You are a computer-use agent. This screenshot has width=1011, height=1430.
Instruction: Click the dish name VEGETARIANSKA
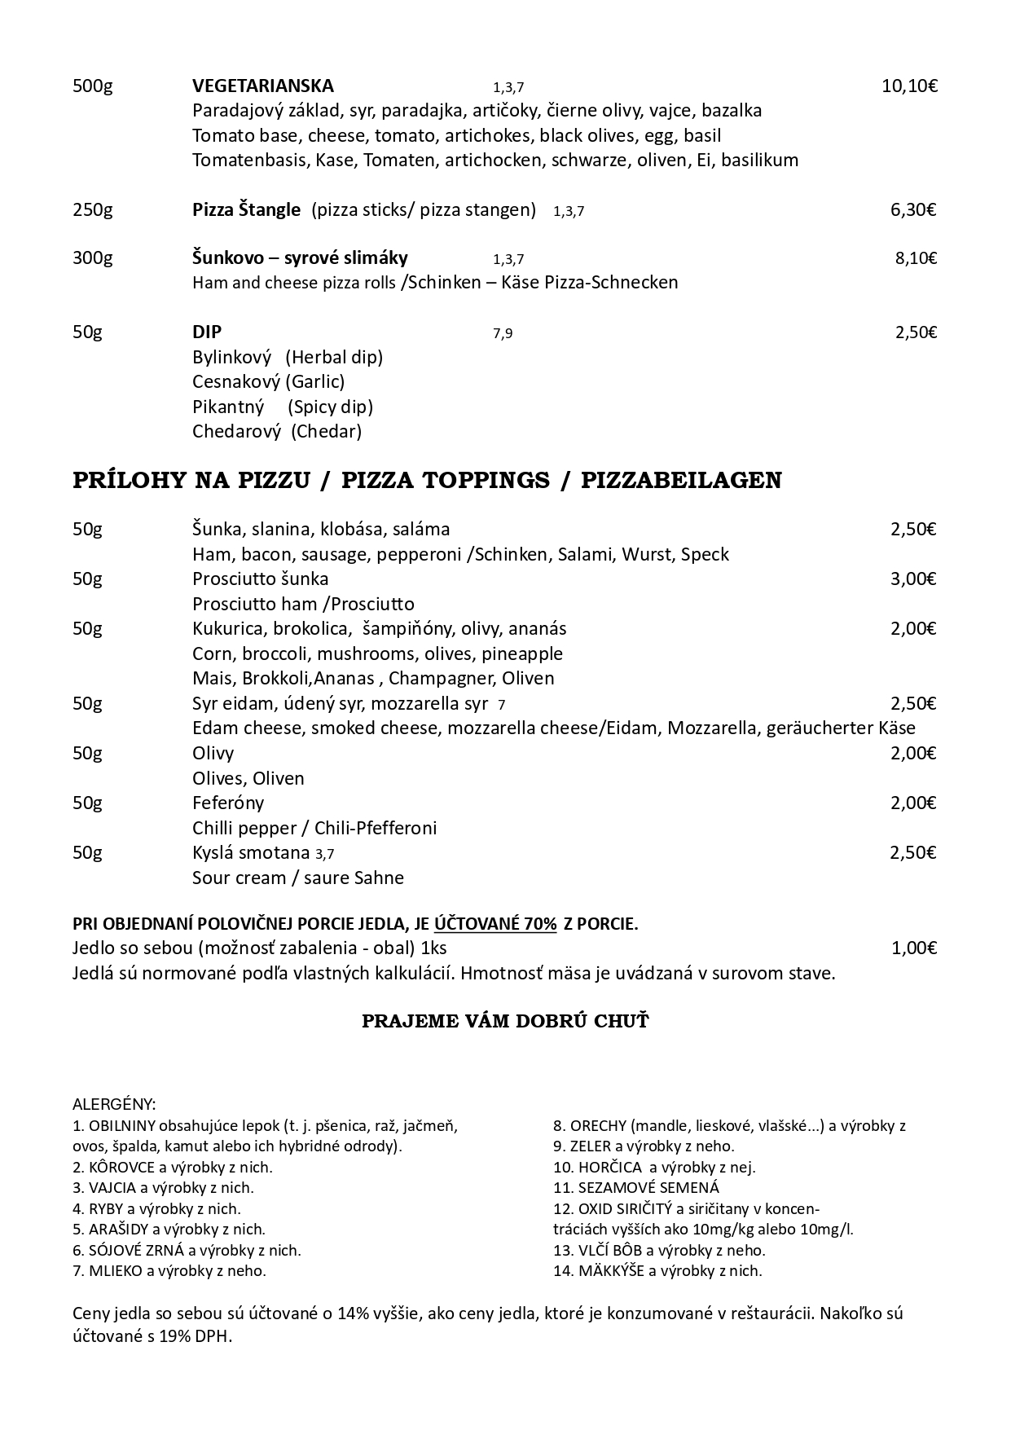[262, 86]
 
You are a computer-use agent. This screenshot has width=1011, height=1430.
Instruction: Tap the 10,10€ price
[909, 86]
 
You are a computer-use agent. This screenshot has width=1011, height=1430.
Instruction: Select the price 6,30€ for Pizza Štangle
[913, 210]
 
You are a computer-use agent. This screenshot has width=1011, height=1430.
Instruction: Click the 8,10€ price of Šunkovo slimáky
[916, 258]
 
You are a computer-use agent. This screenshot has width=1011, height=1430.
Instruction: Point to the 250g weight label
[92, 210]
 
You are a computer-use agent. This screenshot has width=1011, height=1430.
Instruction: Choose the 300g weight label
[92, 258]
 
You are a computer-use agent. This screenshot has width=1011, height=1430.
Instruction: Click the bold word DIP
[207, 332]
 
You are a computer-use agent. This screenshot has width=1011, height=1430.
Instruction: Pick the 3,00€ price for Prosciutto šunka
[913, 579]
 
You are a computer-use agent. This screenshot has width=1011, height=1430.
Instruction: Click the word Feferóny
[228, 803]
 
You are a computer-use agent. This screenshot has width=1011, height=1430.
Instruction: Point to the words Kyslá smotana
[252, 853]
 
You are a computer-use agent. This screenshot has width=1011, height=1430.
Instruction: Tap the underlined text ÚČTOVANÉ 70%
[495, 924]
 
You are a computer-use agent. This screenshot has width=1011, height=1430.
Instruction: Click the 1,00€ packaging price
[913, 948]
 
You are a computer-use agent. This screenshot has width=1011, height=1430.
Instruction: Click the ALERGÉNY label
[114, 1105]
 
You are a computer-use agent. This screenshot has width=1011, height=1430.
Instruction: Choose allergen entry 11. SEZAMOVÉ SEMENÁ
[635, 1188]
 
